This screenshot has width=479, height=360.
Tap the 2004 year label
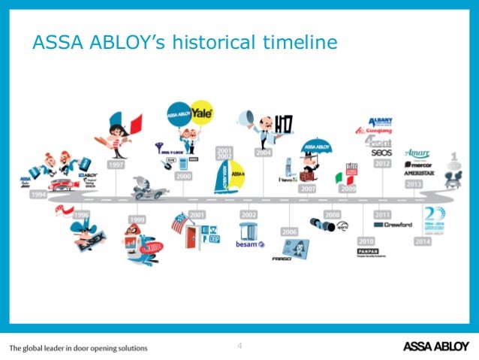click(263, 153)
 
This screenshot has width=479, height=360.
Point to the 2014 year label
click(422, 241)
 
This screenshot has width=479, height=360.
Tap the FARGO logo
click(282, 258)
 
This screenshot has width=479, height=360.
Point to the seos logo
click(381, 152)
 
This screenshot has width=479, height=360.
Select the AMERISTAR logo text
click(418, 172)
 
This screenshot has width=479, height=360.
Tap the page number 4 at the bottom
click(239, 345)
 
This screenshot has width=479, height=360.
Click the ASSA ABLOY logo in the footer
click(435, 346)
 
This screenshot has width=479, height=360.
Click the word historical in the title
click(217, 43)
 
